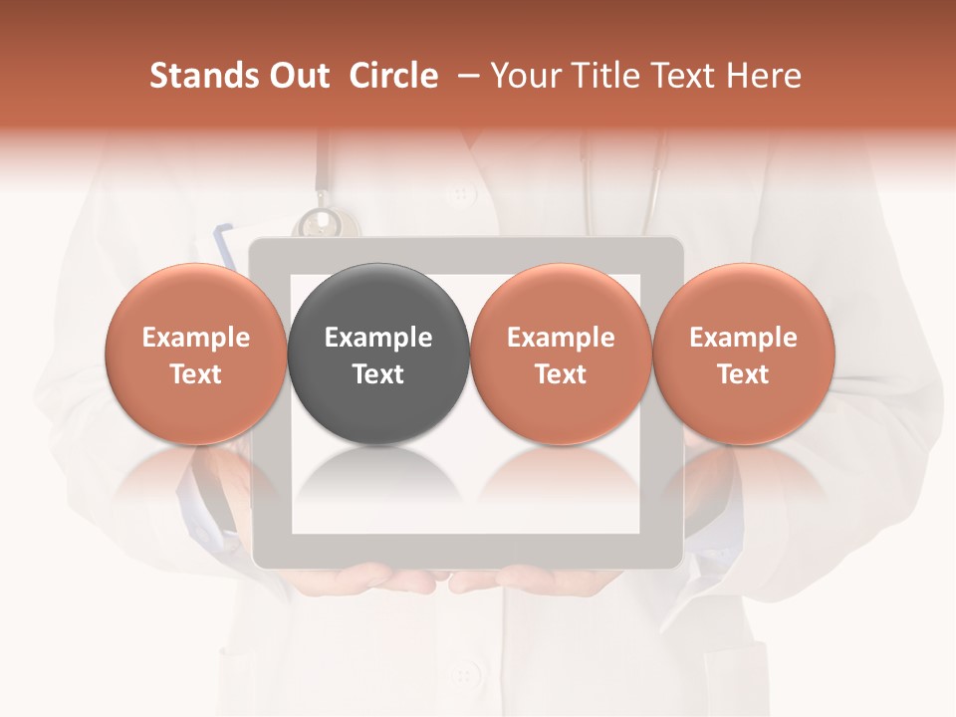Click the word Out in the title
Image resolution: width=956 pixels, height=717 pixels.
(300, 76)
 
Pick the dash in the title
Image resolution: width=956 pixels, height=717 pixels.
(465, 76)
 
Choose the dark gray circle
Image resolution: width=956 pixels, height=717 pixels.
(378, 353)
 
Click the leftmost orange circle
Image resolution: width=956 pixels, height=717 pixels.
(196, 353)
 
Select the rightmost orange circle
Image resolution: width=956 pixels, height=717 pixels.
(743, 353)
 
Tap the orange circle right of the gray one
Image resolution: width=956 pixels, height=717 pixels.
(561, 353)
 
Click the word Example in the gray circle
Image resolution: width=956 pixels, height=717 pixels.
(378, 338)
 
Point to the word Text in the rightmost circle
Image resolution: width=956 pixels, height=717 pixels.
(743, 374)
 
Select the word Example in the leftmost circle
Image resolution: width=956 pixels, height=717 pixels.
(196, 338)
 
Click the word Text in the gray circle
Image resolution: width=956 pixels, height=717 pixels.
(378, 374)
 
